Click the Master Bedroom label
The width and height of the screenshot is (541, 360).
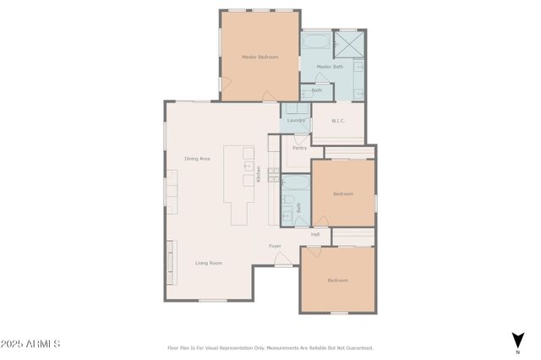260,57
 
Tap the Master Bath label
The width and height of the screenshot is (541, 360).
330,66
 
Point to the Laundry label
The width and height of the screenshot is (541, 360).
296,120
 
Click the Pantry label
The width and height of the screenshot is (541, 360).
299,148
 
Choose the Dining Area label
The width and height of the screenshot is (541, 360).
197,158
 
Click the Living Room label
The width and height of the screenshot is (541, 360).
209,263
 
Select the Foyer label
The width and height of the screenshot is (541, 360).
275,246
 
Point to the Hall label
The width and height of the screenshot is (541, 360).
315,234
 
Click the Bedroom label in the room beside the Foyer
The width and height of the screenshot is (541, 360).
338,280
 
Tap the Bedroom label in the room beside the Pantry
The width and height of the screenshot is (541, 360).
342,194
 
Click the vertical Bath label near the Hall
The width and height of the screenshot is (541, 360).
298,205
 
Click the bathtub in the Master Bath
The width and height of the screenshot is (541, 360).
318,41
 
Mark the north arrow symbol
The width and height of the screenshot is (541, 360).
516,340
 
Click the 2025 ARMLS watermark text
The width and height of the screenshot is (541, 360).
30,344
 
